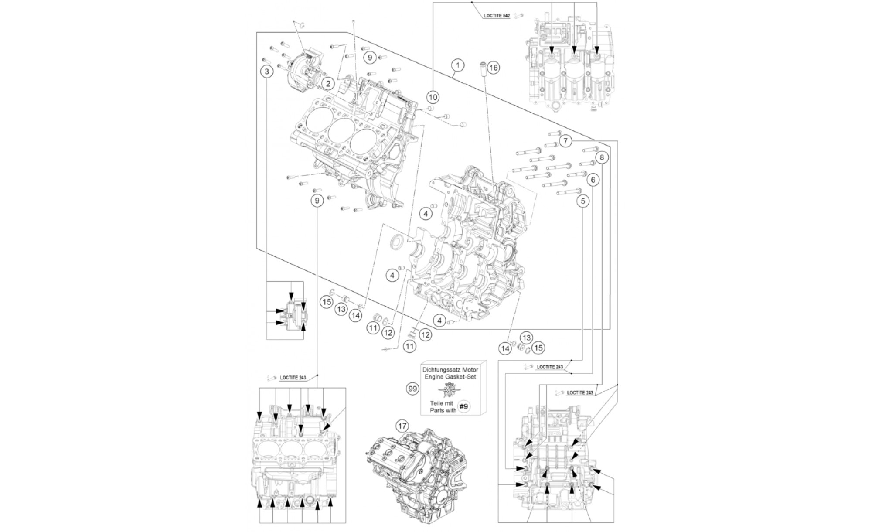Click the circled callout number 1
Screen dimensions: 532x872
pos(457,66)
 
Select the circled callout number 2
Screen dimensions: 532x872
pos(327,83)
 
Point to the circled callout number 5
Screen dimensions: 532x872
pos(582,201)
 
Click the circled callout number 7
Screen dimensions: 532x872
pos(565,141)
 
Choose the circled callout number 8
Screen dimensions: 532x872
pos(602,157)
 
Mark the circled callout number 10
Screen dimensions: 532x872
pos(433,96)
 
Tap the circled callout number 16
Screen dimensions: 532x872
pos(493,68)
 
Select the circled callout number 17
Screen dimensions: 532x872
pos(402,426)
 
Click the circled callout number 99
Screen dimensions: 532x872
pos(412,389)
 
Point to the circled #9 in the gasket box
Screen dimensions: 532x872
pos(464,406)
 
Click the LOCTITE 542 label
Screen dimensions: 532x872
pos(497,16)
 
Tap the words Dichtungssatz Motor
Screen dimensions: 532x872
pos(450,369)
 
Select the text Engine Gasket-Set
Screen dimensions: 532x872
pos(450,375)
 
